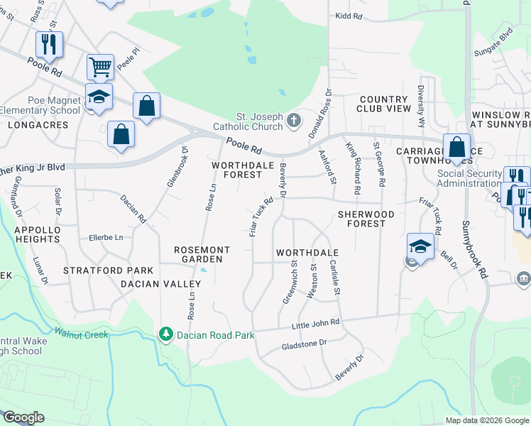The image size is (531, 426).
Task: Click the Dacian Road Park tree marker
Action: tap(166, 333)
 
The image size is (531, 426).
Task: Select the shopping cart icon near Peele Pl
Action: tap(100, 67)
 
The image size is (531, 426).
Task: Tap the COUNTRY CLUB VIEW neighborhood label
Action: tap(385, 104)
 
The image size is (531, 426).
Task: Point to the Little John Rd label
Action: tap(316, 324)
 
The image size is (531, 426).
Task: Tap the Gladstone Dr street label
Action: tap(303, 343)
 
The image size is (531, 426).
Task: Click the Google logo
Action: tap(23, 417)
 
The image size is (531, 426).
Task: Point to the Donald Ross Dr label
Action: tap(321, 114)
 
